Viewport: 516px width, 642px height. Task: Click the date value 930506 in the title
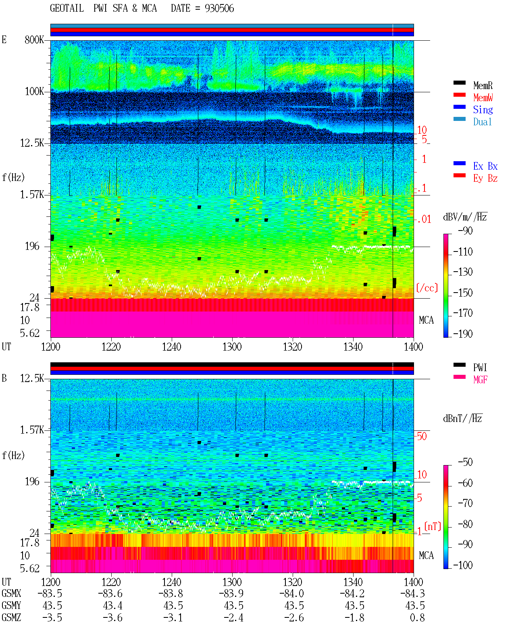pos(219,8)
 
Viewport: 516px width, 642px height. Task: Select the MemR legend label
pos(483,85)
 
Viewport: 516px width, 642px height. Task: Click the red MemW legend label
pos(483,98)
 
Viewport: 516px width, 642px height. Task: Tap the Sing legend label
pos(483,110)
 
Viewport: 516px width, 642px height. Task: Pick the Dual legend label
pos(483,122)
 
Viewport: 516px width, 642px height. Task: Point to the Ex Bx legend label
pos(485,166)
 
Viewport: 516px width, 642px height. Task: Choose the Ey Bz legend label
pos(485,179)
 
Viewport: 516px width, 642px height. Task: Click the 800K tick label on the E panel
pos(34,39)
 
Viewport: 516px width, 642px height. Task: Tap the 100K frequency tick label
pos(34,91)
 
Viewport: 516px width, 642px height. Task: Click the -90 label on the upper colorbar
pos(465,231)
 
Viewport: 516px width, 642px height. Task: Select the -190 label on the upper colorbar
pos(463,334)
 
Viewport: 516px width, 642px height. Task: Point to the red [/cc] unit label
pos(427,288)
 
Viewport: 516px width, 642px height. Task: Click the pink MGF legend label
pos(480,380)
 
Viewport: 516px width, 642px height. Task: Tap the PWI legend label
pos(480,368)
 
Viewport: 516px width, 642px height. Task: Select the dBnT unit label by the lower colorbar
pos(462,419)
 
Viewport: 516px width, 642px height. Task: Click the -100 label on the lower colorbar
pos(463,565)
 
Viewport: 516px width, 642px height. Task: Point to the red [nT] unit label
pos(433,526)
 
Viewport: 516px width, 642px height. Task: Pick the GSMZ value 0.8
pos(417,617)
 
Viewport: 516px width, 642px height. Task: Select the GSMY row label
pos(11,605)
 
